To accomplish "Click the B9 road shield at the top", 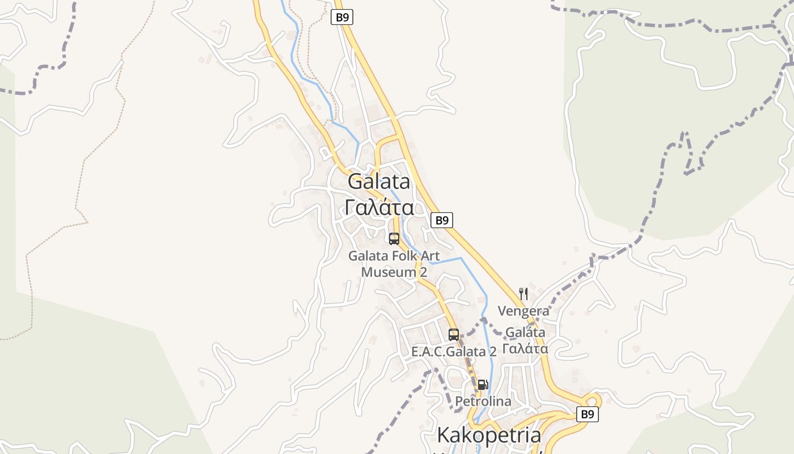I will click(342, 17).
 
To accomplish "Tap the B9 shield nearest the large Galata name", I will click(442, 220).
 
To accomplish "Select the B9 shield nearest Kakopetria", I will click(588, 414).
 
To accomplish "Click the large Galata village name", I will click(379, 182).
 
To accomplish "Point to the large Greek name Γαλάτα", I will click(379, 208).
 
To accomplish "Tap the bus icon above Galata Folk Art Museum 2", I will click(394, 239).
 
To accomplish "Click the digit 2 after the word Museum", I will click(423, 272).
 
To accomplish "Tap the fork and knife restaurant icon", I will click(523, 294).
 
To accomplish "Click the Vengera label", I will click(523, 311).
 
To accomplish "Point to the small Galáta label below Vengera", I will click(525, 332).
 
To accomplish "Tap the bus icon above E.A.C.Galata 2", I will click(454, 335).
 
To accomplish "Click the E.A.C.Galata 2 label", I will click(454, 352).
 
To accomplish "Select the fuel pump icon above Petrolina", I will click(483, 385).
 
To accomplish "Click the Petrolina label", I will click(483, 402).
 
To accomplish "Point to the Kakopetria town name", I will click(489, 435).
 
